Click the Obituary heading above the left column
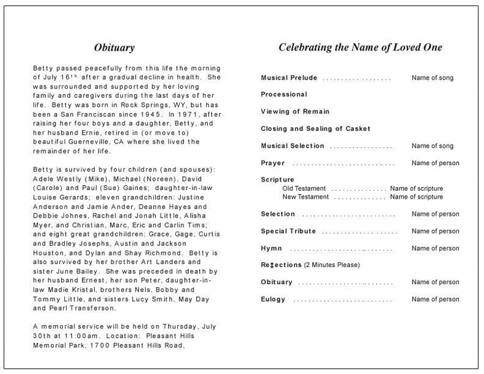[114, 47]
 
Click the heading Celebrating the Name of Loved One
[360, 47]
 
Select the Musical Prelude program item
[289, 78]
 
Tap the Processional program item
[284, 94]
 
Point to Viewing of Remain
[295, 111]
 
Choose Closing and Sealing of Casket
[315, 128]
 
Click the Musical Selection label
[293, 145]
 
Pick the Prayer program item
[273, 163]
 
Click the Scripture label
[277, 180]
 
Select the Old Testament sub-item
[304, 188]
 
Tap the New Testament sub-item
[306, 197]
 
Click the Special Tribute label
[288, 231]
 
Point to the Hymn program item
[271, 248]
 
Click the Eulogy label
[273, 299]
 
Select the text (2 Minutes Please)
[332, 265]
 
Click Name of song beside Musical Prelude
[432, 78]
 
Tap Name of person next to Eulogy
[435, 299]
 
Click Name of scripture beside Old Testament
[416, 188]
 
